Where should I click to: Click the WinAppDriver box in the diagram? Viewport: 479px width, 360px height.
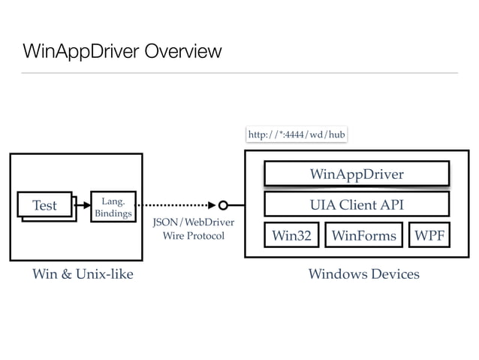click(x=357, y=174)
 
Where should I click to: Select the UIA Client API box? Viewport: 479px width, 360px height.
click(x=357, y=204)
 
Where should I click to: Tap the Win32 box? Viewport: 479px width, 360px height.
click(x=291, y=235)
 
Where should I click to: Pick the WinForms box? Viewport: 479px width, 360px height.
click(x=363, y=235)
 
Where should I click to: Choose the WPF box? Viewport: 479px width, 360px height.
click(x=429, y=235)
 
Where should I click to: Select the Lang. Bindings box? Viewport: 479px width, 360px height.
click(x=112, y=207)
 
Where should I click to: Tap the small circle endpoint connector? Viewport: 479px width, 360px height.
click(x=223, y=204)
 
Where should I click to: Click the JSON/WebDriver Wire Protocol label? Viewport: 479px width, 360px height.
click(x=193, y=229)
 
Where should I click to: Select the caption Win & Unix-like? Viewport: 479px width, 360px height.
click(x=83, y=274)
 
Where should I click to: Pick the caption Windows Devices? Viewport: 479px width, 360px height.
click(x=363, y=274)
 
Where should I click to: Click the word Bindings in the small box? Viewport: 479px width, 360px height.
click(x=113, y=214)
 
